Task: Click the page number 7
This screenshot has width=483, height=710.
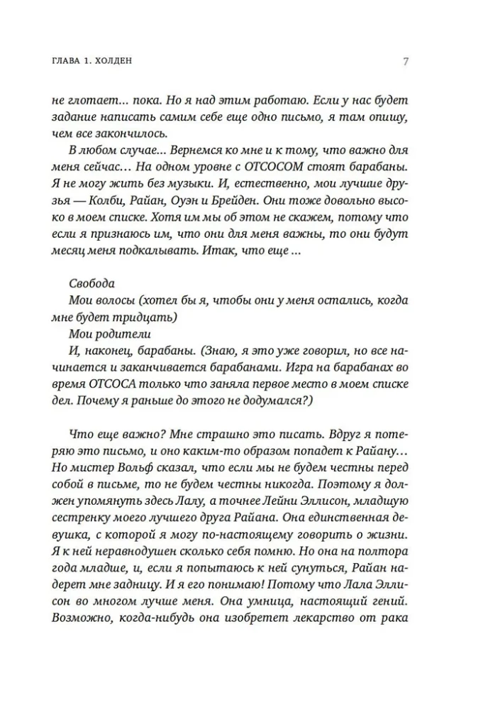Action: pos(404,62)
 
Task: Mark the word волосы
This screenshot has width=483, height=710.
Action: pos(116,300)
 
